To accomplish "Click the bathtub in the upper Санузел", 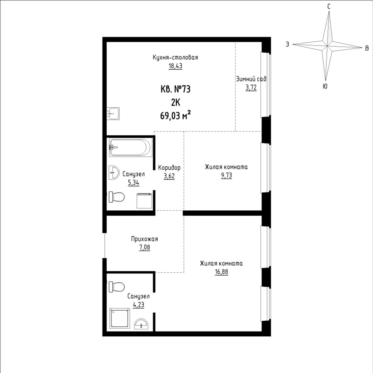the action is click(x=130, y=147).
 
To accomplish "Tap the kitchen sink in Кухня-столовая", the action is click(x=113, y=113).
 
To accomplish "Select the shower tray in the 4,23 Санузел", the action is click(x=120, y=319).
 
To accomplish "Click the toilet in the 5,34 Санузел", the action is click(x=117, y=197).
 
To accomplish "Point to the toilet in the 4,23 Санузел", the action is click(x=117, y=286).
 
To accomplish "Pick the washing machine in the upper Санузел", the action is click(x=144, y=201).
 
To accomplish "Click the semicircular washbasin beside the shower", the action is click(x=141, y=324).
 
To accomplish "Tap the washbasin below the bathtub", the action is click(x=114, y=172).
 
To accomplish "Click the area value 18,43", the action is click(x=175, y=66).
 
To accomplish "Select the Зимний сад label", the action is click(x=251, y=79).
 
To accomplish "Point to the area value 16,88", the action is click(x=221, y=272).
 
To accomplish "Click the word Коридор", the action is click(x=169, y=168).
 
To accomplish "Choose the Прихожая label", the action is click(x=144, y=239).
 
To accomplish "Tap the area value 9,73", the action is click(x=226, y=175).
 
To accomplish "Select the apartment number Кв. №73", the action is click(x=176, y=90).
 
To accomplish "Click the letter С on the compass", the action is click(x=329, y=6).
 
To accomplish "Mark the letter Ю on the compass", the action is click(x=325, y=86).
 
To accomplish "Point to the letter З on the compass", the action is click(x=287, y=44).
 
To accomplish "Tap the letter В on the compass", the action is click(x=367, y=48).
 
